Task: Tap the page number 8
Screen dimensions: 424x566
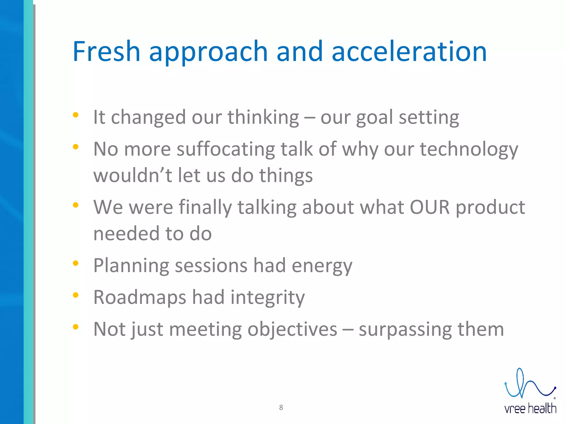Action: point(281,407)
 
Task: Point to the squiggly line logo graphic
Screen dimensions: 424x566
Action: point(529,385)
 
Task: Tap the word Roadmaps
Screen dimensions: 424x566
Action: point(140,297)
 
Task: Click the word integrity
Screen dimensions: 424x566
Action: point(268,297)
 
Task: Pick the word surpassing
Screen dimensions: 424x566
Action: point(405,329)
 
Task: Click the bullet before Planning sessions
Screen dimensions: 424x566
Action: point(75,263)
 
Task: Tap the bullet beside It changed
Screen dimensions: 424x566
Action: point(75,115)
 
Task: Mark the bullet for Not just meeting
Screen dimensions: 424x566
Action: point(75,327)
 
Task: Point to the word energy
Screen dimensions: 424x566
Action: point(322,266)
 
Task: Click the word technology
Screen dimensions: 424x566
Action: point(469,149)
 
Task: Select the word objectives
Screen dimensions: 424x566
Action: point(292,329)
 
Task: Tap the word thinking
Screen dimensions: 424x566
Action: point(263,117)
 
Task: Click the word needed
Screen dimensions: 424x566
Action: point(126,234)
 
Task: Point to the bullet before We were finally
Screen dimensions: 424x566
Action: point(75,205)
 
